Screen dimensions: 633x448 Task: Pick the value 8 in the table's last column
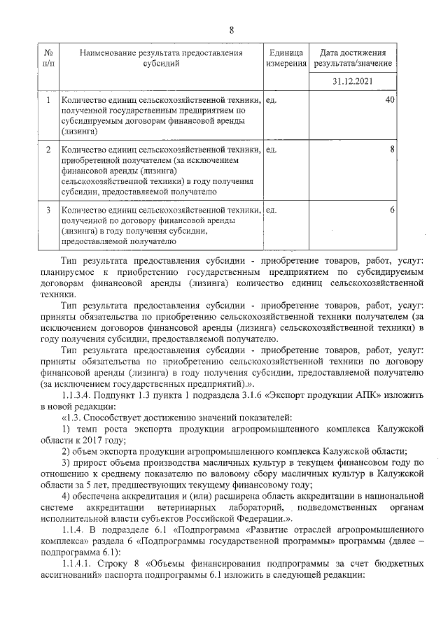(393, 149)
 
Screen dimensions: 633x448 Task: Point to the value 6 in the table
(393, 210)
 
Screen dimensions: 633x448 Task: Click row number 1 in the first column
(48, 101)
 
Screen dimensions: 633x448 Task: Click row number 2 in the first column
(48, 150)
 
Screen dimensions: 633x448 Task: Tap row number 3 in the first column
(48, 210)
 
